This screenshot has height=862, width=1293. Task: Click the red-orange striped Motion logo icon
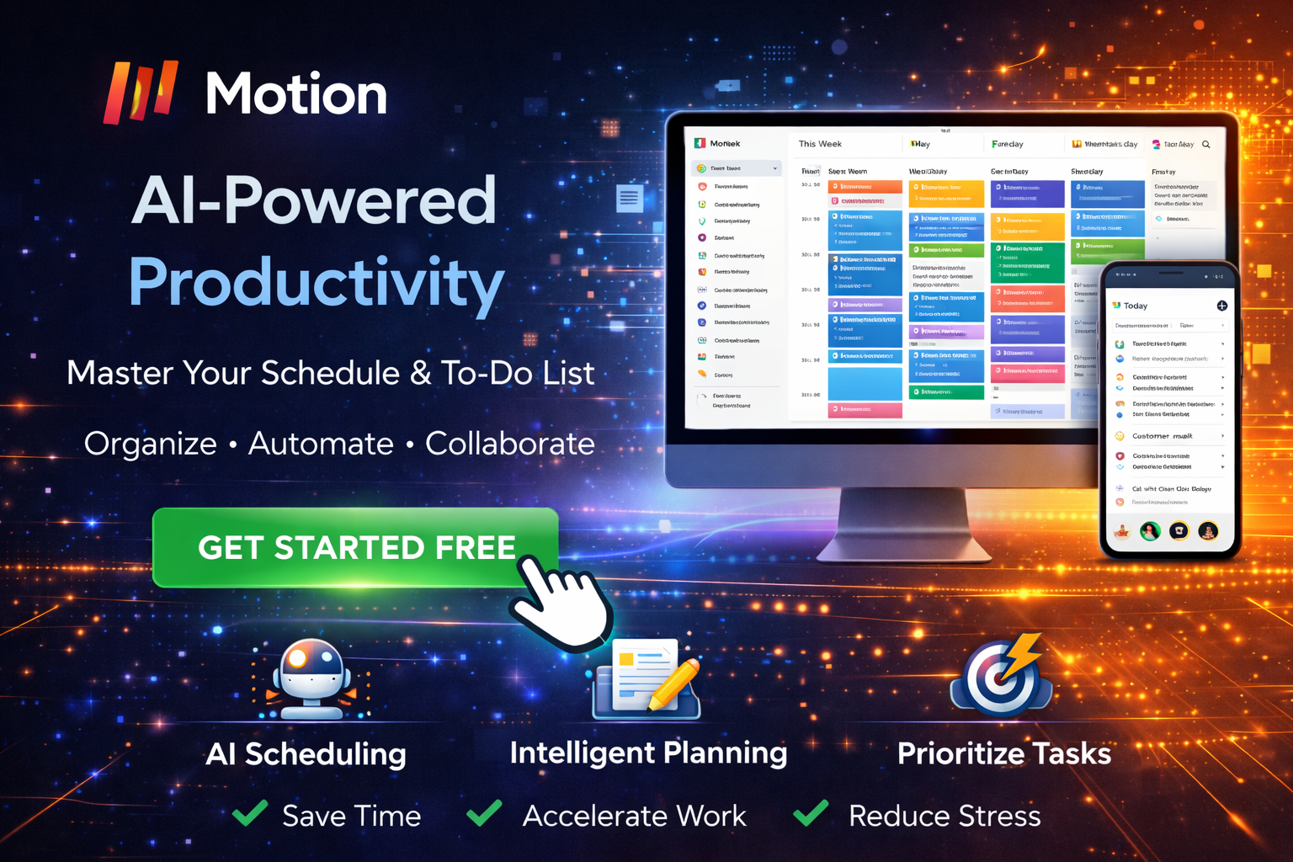click(141, 91)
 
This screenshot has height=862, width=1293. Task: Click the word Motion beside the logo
click(296, 93)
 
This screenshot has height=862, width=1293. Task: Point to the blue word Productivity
click(317, 283)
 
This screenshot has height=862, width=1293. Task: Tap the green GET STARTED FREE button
click(355, 547)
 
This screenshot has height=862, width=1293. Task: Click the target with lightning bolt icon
click(1002, 678)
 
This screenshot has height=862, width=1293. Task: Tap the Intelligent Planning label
click(648, 753)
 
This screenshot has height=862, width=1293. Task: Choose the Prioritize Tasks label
click(1003, 753)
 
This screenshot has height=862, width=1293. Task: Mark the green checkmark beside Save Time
click(250, 813)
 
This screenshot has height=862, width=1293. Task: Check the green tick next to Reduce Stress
click(811, 813)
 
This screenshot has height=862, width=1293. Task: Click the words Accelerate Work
click(634, 816)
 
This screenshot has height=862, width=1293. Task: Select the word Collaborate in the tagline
click(509, 444)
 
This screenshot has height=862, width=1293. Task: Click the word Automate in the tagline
click(321, 444)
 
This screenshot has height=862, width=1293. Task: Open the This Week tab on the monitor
click(820, 144)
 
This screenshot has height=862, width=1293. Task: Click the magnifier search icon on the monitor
click(1206, 145)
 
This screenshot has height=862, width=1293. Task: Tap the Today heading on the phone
click(1136, 306)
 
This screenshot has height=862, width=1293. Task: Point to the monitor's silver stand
click(905, 526)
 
